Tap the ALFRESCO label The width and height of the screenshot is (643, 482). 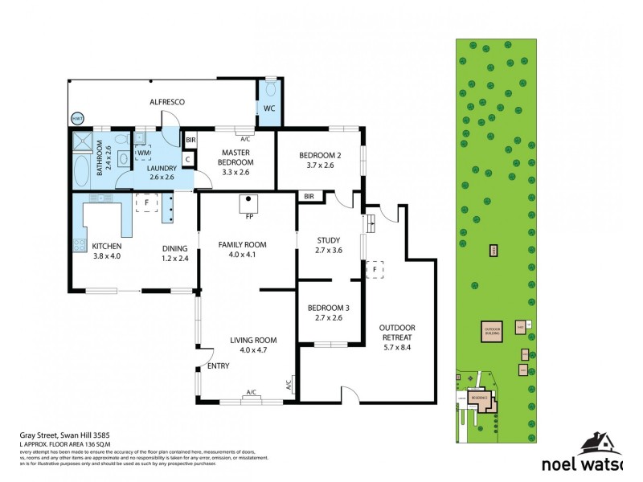tap(168, 102)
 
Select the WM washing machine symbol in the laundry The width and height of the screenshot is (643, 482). tap(144, 152)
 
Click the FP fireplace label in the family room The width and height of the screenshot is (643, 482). tap(249, 215)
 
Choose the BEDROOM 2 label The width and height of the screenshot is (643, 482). tap(320, 160)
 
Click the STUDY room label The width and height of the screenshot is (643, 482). tap(330, 244)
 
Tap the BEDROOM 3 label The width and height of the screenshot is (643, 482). tap(330, 312)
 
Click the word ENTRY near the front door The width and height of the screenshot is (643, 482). tap(218, 366)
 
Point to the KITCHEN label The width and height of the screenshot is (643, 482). tap(106, 251)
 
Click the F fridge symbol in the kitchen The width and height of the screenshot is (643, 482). tap(146, 203)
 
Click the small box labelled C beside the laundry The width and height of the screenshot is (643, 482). tap(187, 159)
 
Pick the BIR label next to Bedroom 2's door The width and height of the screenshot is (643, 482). tap(309, 196)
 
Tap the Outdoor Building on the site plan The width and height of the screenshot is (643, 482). tap(491, 330)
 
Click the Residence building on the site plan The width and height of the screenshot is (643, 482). tap(480, 398)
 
